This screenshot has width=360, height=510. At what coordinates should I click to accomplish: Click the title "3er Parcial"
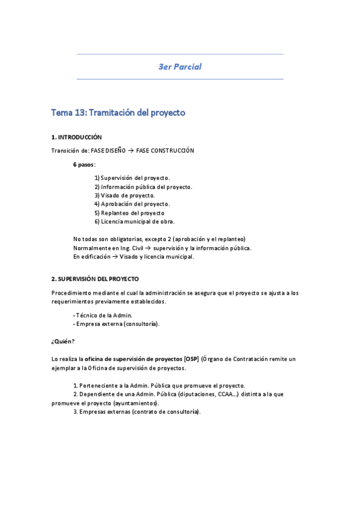tap(180, 67)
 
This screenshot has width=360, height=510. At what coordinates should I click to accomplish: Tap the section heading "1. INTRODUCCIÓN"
tap(76, 137)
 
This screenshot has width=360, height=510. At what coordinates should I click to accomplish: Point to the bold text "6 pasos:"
tap(84, 164)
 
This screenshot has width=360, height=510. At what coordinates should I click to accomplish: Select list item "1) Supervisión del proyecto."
tap(132, 178)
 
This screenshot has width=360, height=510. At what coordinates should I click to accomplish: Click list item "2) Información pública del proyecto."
tap(143, 187)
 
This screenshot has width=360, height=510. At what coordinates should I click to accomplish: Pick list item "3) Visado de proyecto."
tap(124, 195)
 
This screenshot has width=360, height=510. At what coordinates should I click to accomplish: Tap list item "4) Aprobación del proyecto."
tap(132, 204)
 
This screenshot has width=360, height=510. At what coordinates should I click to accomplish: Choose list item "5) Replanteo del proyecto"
tap(129, 213)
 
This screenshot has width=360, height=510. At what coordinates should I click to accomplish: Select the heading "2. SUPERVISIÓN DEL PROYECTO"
tap(95, 279)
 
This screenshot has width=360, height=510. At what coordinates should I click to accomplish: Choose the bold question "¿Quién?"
tap(63, 342)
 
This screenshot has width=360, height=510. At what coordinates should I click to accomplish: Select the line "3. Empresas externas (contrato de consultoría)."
tap(137, 412)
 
